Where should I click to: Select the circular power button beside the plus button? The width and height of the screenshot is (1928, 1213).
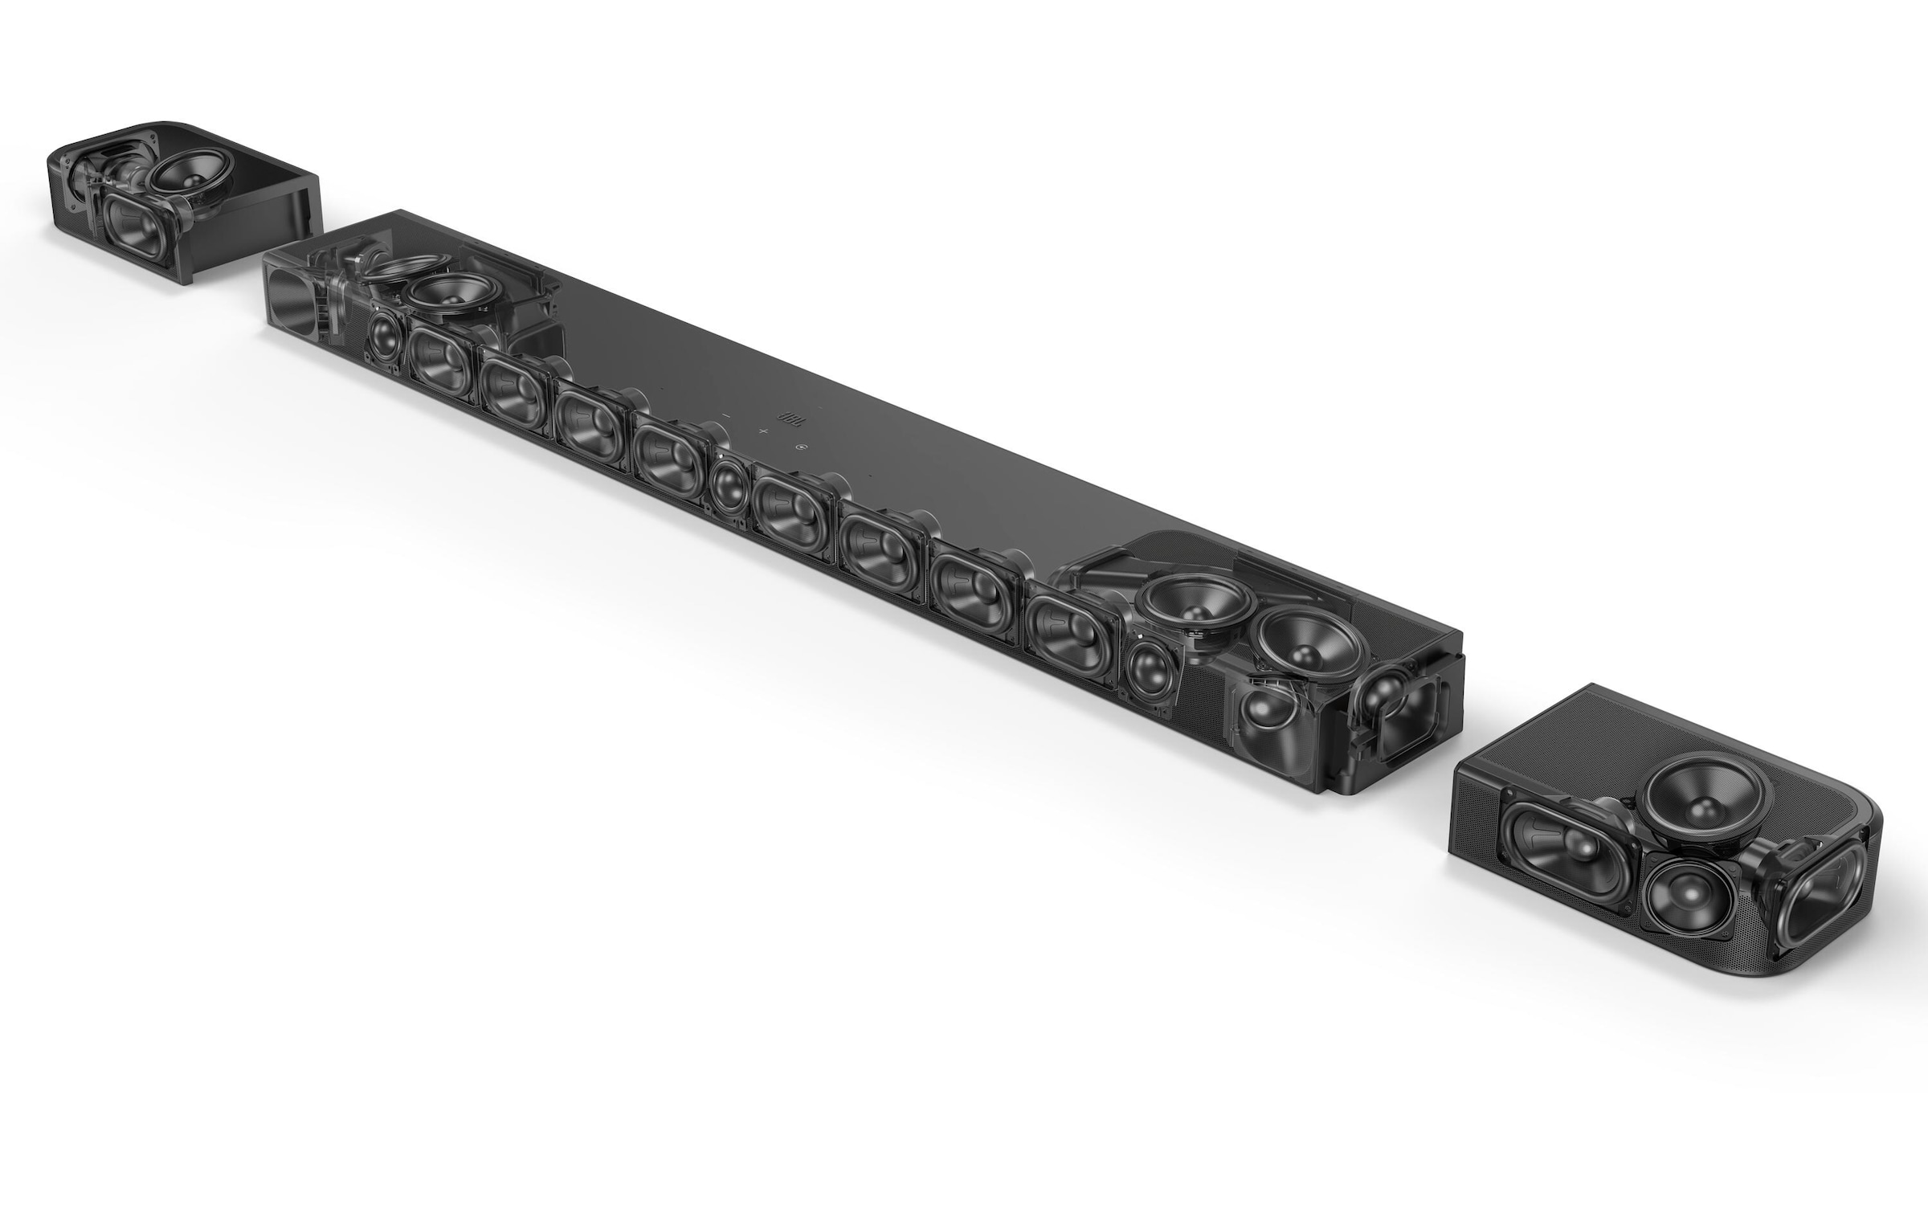(800, 447)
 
